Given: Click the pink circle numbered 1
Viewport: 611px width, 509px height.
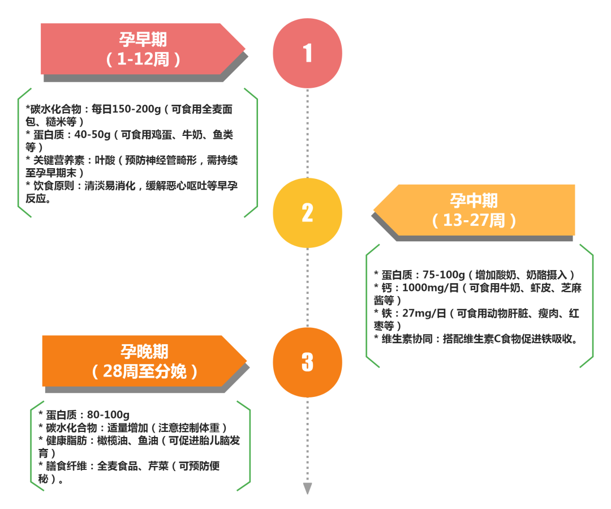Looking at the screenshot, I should click(x=307, y=53).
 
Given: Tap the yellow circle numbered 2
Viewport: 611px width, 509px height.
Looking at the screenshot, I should click(x=307, y=213).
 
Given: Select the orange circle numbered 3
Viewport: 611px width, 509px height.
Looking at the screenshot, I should click(x=307, y=362).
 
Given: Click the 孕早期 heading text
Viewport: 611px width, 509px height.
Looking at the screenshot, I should click(x=143, y=40).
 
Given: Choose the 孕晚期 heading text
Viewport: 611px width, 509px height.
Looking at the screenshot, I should click(x=144, y=352).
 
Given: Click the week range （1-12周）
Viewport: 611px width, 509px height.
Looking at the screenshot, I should click(x=143, y=59).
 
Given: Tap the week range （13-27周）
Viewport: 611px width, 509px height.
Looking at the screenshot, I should click(x=474, y=220).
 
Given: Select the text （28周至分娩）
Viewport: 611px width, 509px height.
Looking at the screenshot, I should click(x=144, y=371).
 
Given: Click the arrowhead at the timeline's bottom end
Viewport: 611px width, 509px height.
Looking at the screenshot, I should click(x=307, y=489).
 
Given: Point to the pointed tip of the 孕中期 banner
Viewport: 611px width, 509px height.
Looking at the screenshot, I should click(x=375, y=211).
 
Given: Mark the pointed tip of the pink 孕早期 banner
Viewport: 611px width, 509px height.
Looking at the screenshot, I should click(x=244, y=49).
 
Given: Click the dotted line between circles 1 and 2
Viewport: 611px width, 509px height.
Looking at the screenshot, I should click(x=307, y=133).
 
